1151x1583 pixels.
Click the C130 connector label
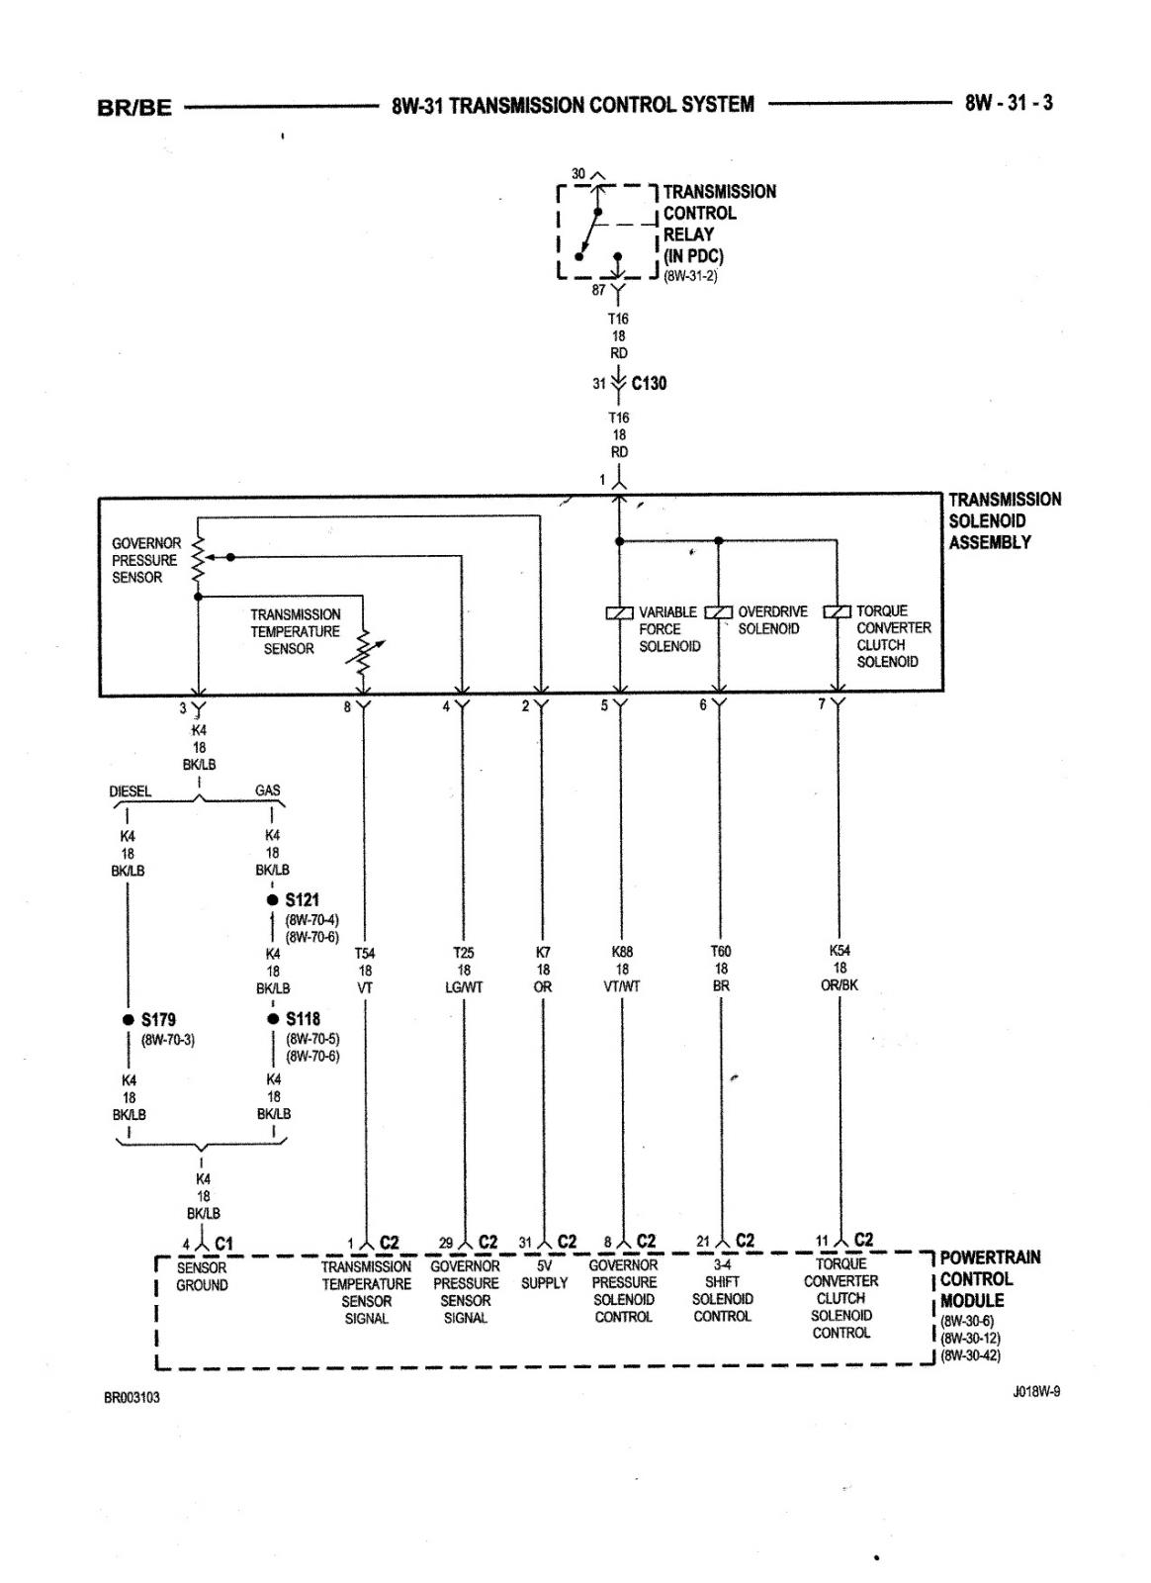649,383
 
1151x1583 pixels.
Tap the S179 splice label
158,1019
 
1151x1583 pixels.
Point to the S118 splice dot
273,1019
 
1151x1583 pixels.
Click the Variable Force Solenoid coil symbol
619,612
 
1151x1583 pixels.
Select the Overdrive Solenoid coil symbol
718,611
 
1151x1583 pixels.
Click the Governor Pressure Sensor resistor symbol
199,559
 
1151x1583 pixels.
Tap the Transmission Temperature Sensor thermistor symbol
364,652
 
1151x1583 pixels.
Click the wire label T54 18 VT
364,971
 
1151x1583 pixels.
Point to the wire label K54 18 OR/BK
840,968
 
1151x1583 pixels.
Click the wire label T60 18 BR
721,969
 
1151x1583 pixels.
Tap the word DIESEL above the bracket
130,791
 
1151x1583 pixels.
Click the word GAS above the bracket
268,791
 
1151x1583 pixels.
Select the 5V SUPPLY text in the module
544,1274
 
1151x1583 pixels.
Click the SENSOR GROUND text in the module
202,1276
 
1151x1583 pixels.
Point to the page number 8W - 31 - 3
1009,103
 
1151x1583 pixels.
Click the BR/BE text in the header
134,108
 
